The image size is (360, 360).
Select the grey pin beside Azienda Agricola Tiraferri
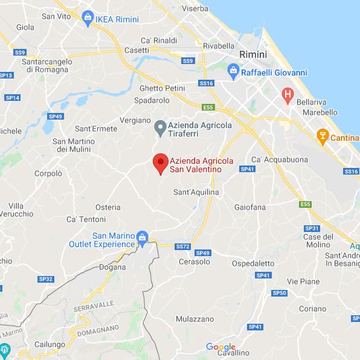(x=160, y=128)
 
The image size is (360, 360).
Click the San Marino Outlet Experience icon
(x=142, y=237)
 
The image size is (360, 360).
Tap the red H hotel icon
(x=288, y=94)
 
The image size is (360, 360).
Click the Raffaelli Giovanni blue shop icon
(x=233, y=72)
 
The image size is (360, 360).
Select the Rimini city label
(x=252, y=54)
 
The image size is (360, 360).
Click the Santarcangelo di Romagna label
(x=46, y=66)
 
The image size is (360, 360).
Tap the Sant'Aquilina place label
(x=196, y=192)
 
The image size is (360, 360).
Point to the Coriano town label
(x=313, y=308)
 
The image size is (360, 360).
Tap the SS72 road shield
(x=182, y=246)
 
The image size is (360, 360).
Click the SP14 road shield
(x=12, y=98)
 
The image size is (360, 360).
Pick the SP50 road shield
(x=279, y=293)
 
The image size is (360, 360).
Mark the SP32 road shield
(x=46, y=279)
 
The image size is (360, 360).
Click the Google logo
(x=220, y=347)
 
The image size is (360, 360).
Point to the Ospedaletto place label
(x=253, y=263)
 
